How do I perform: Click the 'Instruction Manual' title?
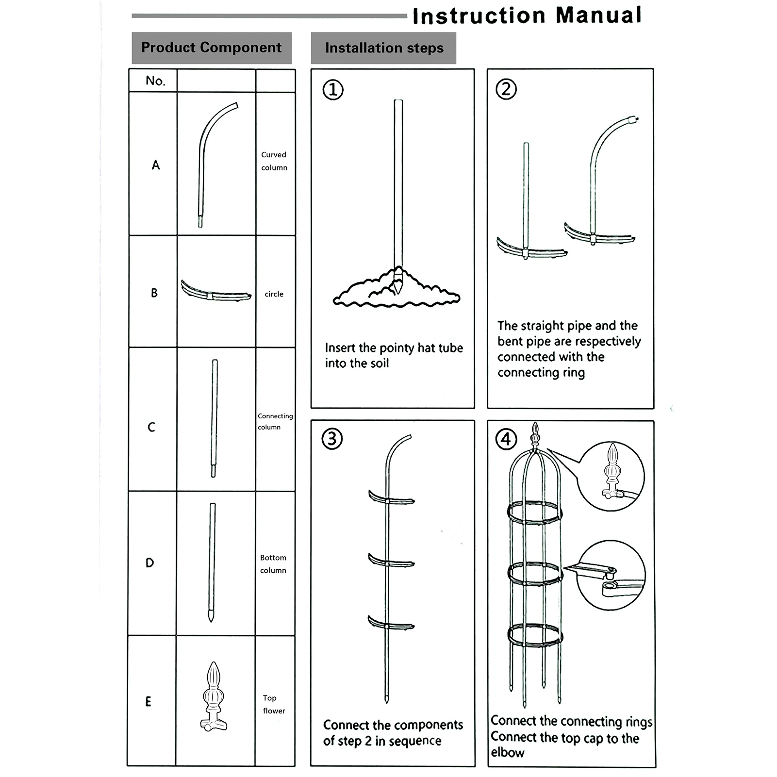(527, 16)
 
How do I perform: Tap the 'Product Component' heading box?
(211, 48)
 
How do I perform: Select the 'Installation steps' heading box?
(384, 48)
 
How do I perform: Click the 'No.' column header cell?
(155, 81)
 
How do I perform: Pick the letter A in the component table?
(155, 165)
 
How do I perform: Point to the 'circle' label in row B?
(274, 294)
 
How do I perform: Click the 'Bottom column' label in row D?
(273, 564)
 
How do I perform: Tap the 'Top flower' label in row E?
(273, 704)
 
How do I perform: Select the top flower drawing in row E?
(214, 696)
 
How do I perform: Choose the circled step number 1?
(333, 90)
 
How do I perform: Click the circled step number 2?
(506, 89)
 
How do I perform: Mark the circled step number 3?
(332, 439)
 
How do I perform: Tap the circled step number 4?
(506, 440)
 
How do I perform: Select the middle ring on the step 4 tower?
(535, 573)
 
